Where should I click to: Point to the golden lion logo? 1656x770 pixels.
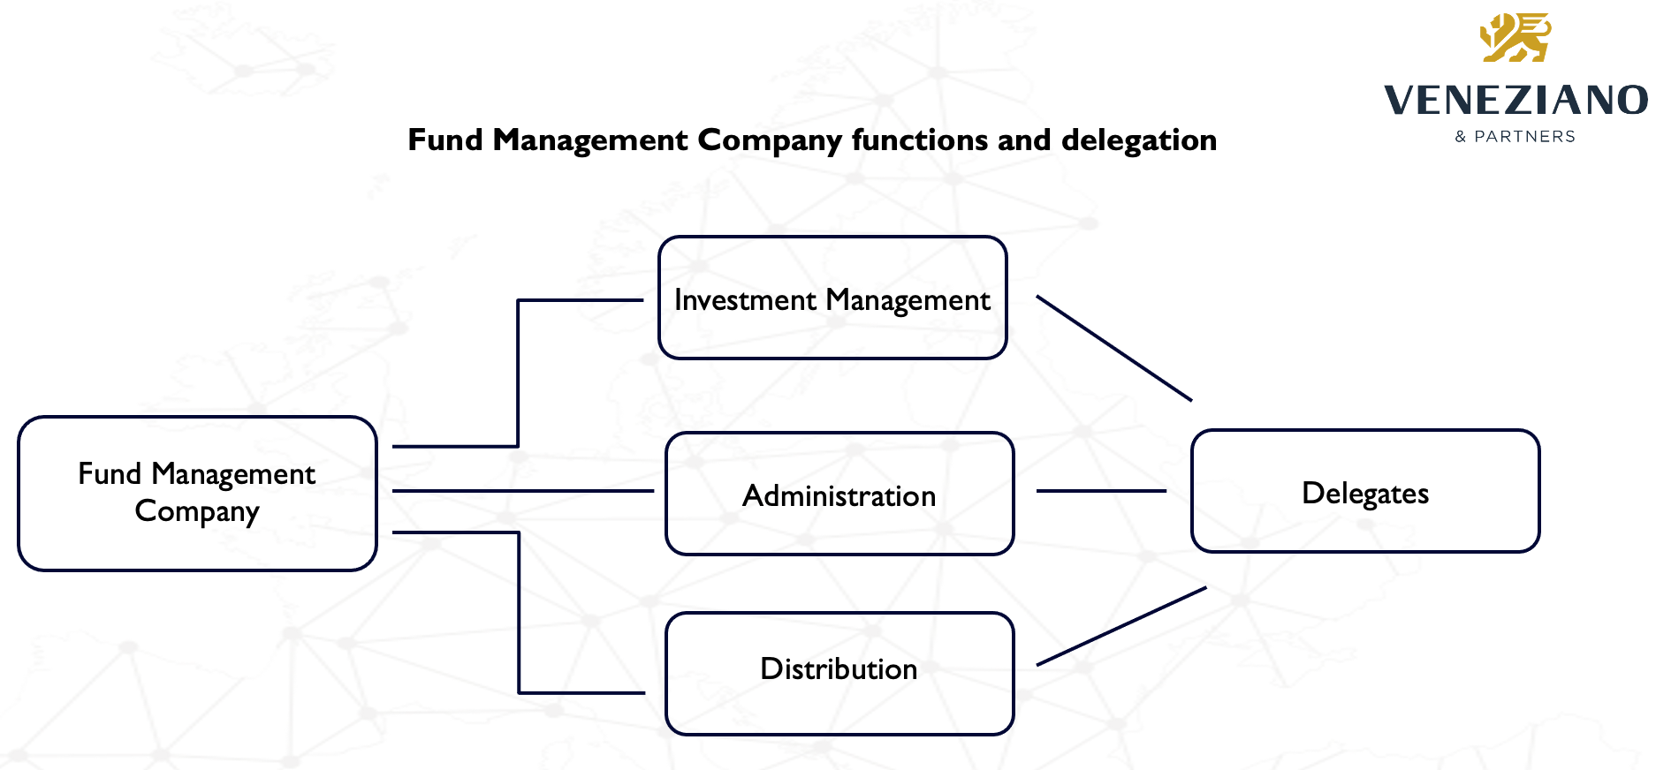click(x=1516, y=38)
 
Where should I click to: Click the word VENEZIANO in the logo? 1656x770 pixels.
click(x=1515, y=101)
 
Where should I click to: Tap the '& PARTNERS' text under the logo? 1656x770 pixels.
click(x=1515, y=137)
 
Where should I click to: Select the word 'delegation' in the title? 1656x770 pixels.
click(x=1139, y=140)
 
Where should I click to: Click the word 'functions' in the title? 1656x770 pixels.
click(x=920, y=140)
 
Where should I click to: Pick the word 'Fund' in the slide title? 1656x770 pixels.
click(x=445, y=140)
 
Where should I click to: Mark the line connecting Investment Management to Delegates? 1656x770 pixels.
click(x=1113, y=348)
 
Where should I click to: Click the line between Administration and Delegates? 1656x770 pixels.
click(x=1101, y=491)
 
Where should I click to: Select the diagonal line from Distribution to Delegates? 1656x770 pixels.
click(x=1120, y=626)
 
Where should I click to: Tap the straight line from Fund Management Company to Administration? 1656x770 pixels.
click(x=522, y=491)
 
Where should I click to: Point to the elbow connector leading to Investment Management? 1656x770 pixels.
click(x=518, y=371)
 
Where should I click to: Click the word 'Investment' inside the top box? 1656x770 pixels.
click(x=745, y=301)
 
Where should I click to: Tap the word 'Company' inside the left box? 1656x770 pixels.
click(x=197, y=511)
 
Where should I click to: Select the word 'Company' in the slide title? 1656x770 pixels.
click(x=770, y=140)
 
